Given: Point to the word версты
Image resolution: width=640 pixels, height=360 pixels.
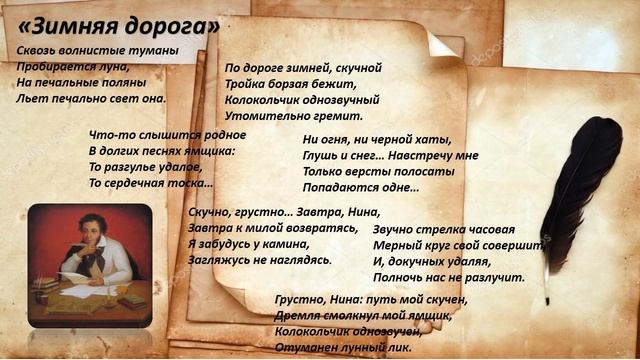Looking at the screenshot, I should click(x=368, y=171).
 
